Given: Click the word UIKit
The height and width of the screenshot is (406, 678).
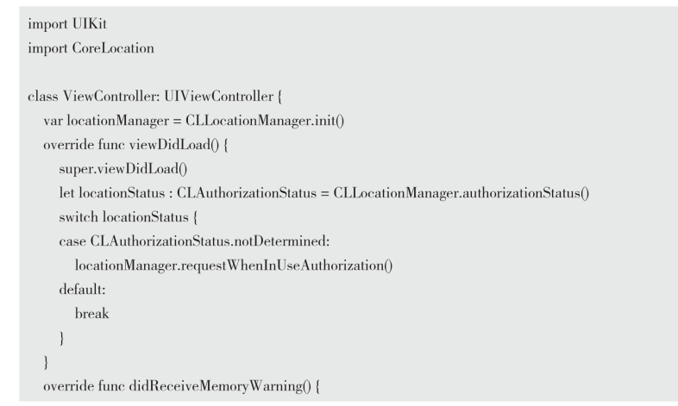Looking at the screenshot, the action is pyautogui.click(x=90, y=24).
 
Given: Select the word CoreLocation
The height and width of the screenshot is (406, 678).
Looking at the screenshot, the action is pyautogui.click(x=113, y=48).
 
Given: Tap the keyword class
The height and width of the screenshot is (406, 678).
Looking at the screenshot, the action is pyautogui.click(x=43, y=96).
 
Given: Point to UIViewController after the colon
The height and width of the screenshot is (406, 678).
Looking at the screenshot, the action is pyautogui.click(x=218, y=96).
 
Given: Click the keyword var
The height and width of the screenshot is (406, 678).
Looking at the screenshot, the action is pyautogui.click(x=53, y=121).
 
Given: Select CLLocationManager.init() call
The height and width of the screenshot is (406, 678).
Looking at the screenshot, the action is pyautogui.click(x=265, y=121).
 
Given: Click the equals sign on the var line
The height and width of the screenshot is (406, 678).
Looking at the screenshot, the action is pyautogui.click(x=177, y=121).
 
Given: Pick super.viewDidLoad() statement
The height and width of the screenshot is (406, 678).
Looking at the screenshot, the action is pyautogui.click(x=123, y=168).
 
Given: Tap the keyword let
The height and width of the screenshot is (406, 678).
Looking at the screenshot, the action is pyautogui.click(x=66, y=192).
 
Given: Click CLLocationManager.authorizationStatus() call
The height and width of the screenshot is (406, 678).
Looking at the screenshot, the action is pyautogui.click(x=461, y=192).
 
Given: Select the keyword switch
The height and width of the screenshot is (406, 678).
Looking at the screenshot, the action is pyautogui.click(x=78, y=217).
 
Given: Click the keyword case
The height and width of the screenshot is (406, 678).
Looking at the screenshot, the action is pyautogui.click(x=72, y=241).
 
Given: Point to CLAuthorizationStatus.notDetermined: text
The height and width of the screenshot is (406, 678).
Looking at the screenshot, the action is pyautogui.click(x=210, y=241).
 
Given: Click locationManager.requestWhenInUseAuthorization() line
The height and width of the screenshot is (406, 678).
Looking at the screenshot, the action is pyautogui.click(x=234, y=265).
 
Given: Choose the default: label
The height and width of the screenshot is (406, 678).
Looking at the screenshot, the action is pyautogui.click(x=82, y=290).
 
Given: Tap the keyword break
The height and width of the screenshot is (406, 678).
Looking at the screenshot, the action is pyautogui.click(x=91, y=313).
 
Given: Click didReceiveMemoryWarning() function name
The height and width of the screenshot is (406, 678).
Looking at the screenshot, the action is pyautogui.click(x=220, y=385).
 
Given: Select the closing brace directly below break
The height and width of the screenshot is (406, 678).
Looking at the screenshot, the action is pyautogui.click(x=62, y=338).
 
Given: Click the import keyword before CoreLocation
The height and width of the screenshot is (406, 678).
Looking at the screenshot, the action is pyautogui.click(x=47, y=48).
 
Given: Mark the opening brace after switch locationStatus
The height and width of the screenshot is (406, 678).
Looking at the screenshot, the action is pyautogui.click(x=195, y=217).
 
